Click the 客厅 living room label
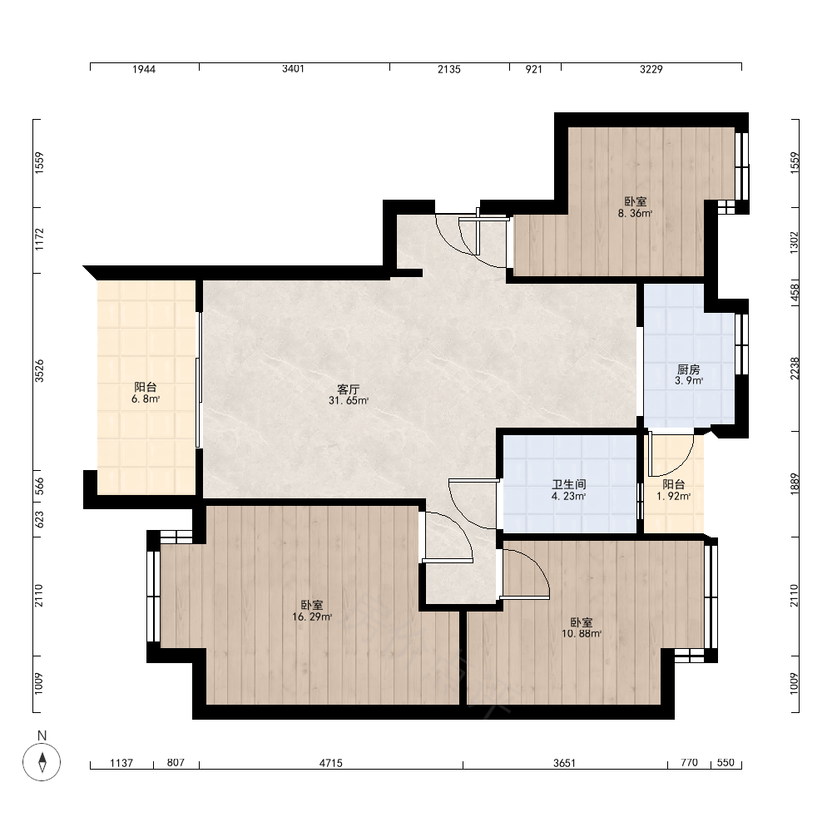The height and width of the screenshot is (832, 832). [x=348, y=389]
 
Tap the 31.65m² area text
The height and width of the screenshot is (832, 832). [x=348, y=401]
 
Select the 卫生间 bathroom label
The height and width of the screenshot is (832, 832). [x=569, y=484]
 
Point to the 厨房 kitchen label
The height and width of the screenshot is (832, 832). [x=689, y=369]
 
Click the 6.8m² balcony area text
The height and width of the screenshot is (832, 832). [x=146, y=399]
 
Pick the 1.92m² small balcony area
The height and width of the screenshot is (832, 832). [x=673, y=497]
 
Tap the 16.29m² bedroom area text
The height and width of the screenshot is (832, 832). [x=312, y=617]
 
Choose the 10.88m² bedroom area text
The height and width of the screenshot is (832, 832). [x=582, y=633]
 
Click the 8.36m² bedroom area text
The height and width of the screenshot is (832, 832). [x=635, y=214]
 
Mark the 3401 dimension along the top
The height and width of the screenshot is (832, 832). [x=293, y=68]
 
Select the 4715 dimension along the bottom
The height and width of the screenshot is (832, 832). [x=330, y=763]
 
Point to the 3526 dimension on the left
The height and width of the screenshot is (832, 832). [x=39, y=371]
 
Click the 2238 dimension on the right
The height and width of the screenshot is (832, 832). [x=795, y=369]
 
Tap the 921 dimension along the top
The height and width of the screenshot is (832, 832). [x=534, y=69]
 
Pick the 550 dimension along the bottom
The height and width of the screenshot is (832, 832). [x=726, y=762]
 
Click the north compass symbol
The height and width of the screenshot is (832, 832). [x=42, y=762]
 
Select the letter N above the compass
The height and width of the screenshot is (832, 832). [x=42, y=735]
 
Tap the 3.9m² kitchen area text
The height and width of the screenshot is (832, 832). [x=689, y=380]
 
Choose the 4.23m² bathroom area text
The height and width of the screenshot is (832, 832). [x=569, y=497]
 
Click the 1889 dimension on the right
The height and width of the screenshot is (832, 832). [x=795, y=484]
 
